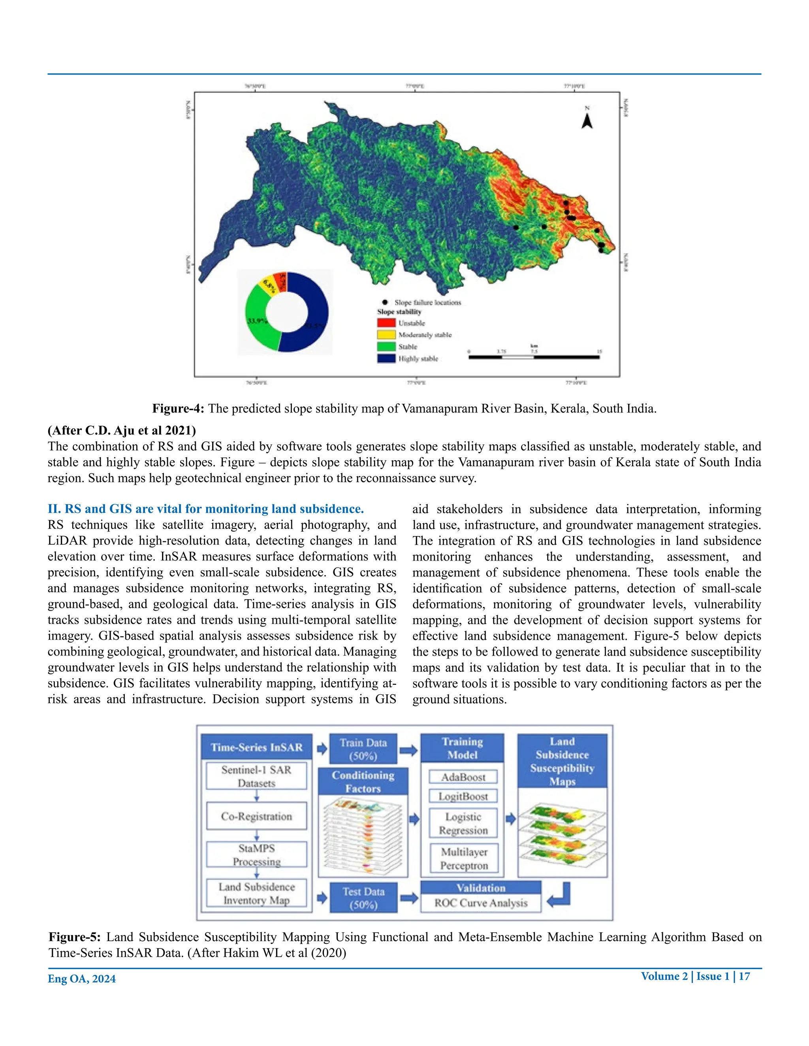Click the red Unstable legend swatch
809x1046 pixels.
tap(386, 323)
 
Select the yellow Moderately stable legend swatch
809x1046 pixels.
tap(386, 334)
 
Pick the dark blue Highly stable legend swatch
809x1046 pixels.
tap(386, 358)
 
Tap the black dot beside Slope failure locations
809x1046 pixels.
tap(385, 302)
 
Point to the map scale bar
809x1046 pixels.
tap(534, 357)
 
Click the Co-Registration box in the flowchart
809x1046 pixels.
tap(256, 816)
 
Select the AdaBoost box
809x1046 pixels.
tap(463, 777)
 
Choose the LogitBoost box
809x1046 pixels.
tap(463, 796)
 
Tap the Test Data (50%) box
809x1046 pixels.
tap(363, 898)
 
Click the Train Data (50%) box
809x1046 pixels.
tap(363, 749)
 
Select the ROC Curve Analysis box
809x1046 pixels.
tap(481, 903)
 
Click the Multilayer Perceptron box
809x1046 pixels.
tap(463, 858)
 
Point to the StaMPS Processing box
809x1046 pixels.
tap(256, 855)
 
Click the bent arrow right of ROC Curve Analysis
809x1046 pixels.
tap(559, 895)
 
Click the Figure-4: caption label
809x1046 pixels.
tap(178, 409)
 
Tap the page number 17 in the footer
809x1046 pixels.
tap(744, 976)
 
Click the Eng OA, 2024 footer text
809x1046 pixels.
tap(81, 979)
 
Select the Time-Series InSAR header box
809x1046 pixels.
tap(256, 747)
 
